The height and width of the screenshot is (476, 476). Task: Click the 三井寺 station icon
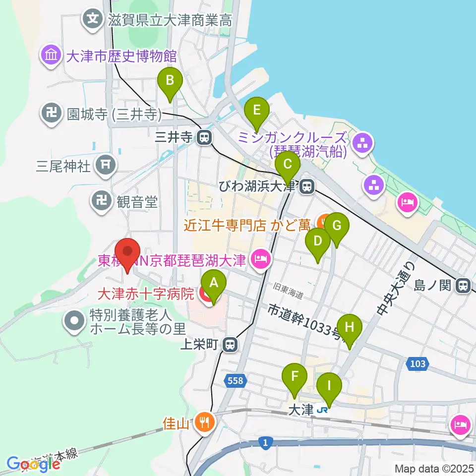point(203,137)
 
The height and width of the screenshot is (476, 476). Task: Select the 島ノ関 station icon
point(464,285)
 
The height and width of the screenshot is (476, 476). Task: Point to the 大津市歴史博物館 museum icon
point(52,55)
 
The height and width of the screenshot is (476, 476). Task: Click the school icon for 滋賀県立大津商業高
point(92,20)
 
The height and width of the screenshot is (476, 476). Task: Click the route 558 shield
point(236,380)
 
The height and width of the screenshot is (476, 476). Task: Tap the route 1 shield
point(267,442)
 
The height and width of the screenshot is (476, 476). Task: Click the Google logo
point(33,464)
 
